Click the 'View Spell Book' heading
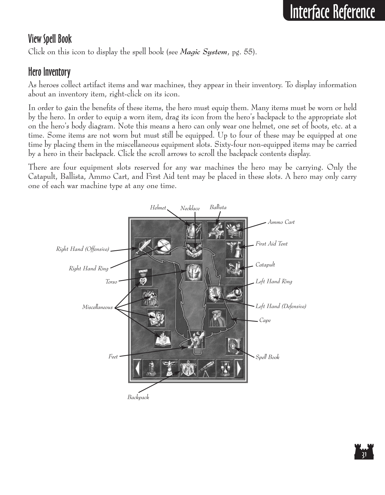point(50,39)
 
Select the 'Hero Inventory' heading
point(49,72)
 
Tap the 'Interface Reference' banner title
point(332,12)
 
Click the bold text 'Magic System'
point(204,52)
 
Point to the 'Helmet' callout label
point(158,208)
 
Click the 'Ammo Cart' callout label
point(281,222)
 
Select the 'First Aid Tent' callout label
point(271,244)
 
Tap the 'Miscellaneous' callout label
point(97,307)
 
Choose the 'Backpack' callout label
point(138,397)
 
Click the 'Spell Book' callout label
point(267,357)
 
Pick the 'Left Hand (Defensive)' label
point(280,306)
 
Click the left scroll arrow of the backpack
point(137,369)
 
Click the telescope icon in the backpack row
point(207,369)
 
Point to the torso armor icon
point(194,271)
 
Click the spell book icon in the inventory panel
point(234,345)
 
